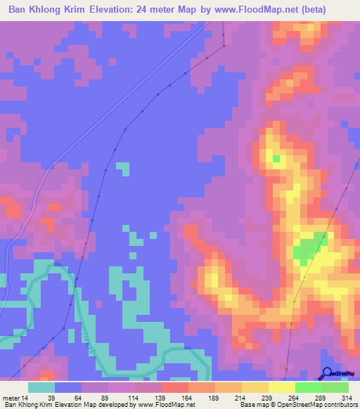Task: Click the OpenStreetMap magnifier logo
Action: [328, 374]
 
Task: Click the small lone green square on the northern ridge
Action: [276, 159]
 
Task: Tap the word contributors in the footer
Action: [337, 405]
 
